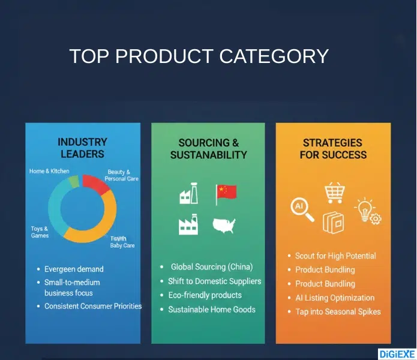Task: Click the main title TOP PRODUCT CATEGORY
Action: point(199,56)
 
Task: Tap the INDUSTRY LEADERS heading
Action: point(82,148)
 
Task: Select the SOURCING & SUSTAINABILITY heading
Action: point(208,149)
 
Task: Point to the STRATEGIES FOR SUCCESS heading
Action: point(332,149)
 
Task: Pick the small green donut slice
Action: point(73,181)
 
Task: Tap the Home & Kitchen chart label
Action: point(49,171)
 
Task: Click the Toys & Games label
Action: point(40,232)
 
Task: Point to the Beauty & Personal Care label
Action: point(121,175)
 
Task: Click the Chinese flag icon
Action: point(227,192)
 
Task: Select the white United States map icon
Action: point(224,226)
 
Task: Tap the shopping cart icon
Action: point(334,193)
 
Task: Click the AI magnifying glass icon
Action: point(301,209)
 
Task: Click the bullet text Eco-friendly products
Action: point(205,295)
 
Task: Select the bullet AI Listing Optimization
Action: point(335,298)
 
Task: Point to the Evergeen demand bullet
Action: point(74,269)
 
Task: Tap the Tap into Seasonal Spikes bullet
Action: point(338,311)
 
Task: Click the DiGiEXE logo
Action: point(395,354)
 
